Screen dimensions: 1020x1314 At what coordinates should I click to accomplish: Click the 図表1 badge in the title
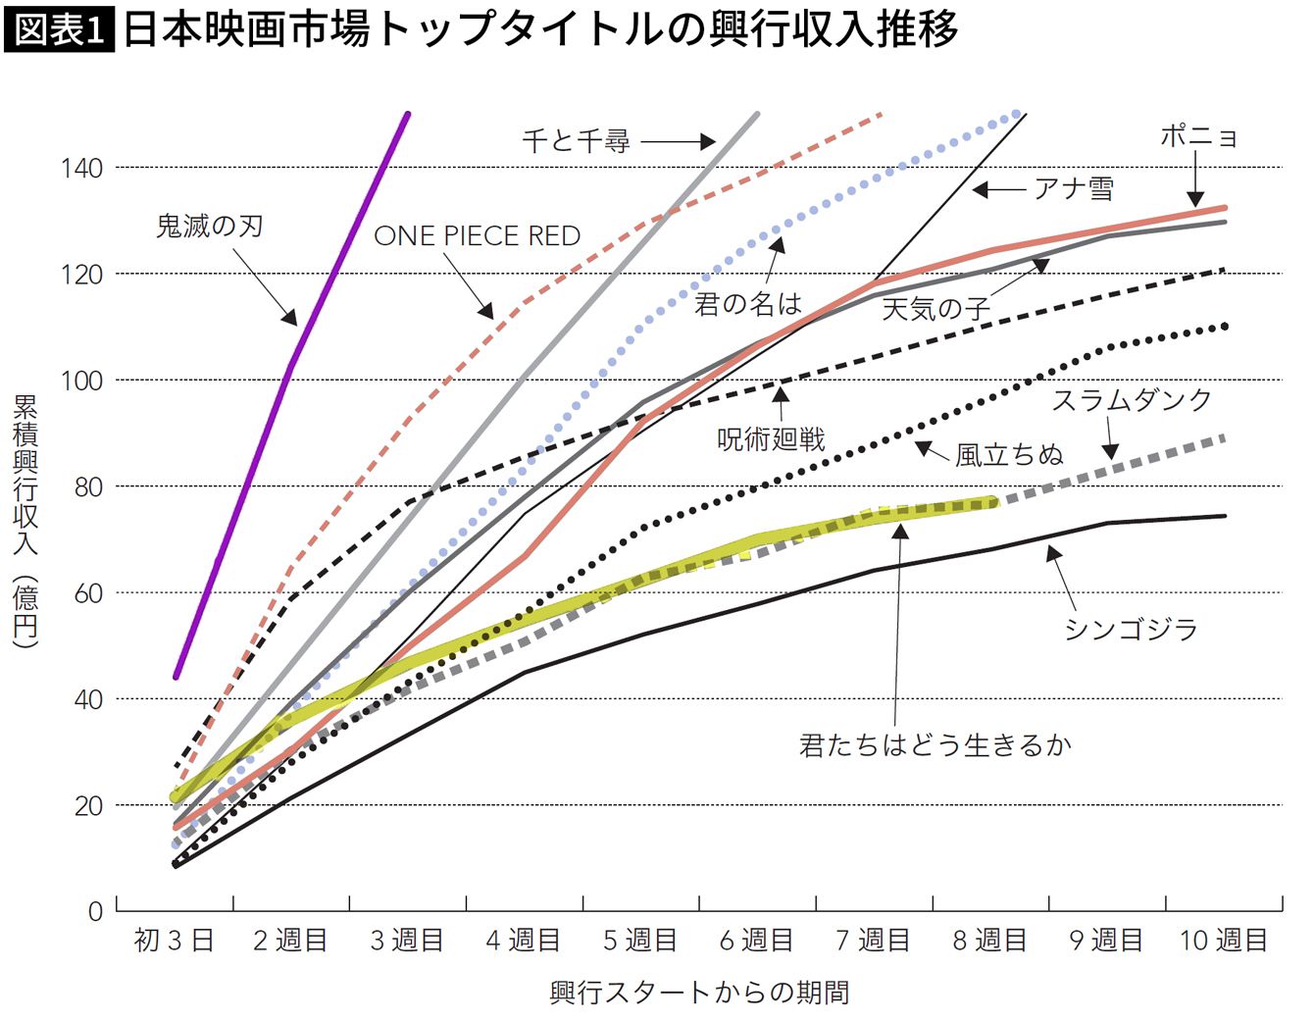point(60,30)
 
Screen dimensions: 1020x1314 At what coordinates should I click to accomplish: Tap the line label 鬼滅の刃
point(210,227)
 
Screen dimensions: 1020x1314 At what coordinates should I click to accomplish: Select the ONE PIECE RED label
point(478,236)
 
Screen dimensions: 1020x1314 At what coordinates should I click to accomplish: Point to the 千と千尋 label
point(576,141)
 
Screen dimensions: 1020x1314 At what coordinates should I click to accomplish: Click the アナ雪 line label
point(1074,188)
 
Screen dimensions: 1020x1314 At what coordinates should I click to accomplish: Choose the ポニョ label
point(1198,136)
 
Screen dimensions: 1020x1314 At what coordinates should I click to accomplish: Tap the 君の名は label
point(748,304)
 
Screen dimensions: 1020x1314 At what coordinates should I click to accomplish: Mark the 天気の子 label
point(935,310)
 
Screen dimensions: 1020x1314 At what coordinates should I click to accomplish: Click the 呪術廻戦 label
point(772,439)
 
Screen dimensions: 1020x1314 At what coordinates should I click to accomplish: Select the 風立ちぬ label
point(1009,455)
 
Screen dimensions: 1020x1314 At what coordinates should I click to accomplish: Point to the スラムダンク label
point(1132,400)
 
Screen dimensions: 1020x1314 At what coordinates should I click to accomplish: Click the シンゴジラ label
point(1132,629)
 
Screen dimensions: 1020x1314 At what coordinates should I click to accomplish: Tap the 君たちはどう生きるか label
point(935,745)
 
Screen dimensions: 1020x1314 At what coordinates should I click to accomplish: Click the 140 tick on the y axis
point(81,169)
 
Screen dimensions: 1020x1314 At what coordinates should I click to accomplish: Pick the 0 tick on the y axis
point(95,911)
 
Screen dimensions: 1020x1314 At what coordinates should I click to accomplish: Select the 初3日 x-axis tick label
point(174,941)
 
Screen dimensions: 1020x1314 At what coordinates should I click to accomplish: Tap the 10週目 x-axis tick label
point(1224,941)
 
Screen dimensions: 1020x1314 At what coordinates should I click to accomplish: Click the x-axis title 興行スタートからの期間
point(699,993)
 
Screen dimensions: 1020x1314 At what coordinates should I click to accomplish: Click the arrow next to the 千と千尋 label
point(678,142)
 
